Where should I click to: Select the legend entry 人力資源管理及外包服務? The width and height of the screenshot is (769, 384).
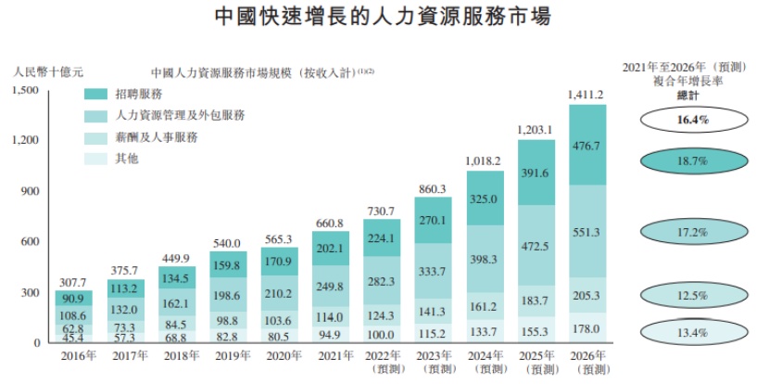click(x=181, y=115)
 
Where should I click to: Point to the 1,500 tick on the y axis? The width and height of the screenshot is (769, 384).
click(x=24, y=90)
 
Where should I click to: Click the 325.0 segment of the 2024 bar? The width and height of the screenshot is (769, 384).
click(x=485, y=198)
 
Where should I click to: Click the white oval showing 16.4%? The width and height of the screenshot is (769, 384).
click(x=693, y=120)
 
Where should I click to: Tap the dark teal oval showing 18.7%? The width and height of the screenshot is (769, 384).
click(x=693, y=161)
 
